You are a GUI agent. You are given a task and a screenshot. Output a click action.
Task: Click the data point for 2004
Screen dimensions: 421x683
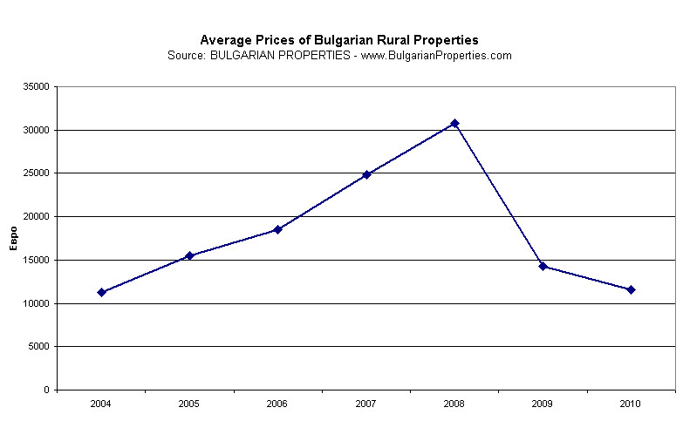coord(102,292)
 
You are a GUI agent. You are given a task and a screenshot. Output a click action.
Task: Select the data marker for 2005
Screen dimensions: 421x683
coord(189,255)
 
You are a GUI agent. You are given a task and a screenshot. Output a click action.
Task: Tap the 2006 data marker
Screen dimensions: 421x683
coord(277,229)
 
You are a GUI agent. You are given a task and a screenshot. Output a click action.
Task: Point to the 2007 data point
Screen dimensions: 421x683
coord(366,174)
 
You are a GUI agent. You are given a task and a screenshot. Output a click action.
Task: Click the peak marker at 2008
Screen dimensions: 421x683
coord(454,123)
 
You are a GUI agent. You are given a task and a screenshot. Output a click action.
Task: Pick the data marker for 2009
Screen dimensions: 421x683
coord(543,266)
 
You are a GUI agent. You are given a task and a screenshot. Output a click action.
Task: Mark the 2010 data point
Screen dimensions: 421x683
coord(631,289)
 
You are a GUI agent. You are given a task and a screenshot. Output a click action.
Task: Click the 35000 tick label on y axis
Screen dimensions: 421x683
coord(36,86)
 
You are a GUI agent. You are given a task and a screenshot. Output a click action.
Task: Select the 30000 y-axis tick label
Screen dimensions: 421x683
coord(36,130)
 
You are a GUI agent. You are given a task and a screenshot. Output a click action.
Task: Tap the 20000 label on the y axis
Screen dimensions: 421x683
coord(36,216)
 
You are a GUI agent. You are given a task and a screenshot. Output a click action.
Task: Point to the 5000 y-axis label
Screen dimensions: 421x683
coord(38,347)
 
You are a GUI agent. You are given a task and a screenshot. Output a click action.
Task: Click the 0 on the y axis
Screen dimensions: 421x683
coord(45,390)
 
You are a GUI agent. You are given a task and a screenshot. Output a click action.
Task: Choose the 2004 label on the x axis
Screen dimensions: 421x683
coord(102,404)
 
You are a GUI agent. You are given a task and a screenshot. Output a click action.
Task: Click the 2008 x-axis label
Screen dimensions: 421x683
coord(454,404)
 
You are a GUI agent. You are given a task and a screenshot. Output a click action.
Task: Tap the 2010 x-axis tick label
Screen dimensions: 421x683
coord(631,404)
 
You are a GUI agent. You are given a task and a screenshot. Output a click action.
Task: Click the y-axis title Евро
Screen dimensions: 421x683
coord(13,237)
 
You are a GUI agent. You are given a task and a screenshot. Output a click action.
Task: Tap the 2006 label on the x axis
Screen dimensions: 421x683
coord(277,404)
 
